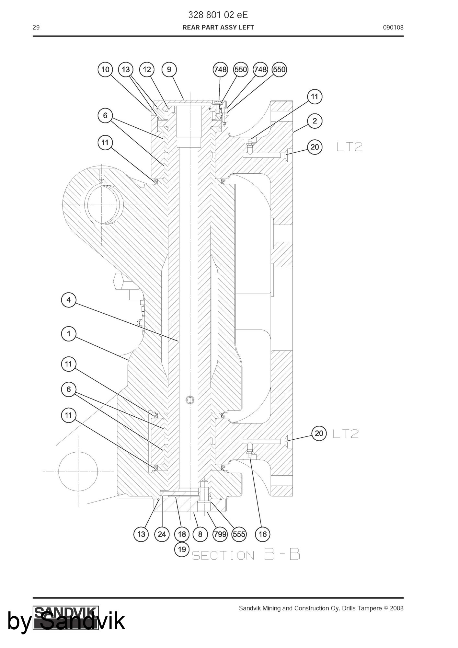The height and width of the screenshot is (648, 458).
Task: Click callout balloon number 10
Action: [x=105, y=69]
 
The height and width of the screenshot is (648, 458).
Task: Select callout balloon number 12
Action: [x=147, y=69]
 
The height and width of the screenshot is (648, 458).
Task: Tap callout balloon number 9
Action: [x=169, y=69]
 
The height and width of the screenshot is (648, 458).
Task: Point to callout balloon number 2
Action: [x=315, y=121]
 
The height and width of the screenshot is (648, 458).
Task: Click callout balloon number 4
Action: [x=69, y=300]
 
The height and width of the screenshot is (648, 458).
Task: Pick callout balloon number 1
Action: [x=69, y=334]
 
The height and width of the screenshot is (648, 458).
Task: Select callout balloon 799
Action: [x=220, y=534]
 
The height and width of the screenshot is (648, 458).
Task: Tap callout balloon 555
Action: [x=239, y=534]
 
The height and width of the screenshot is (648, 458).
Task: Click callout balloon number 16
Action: [x=263, y=534]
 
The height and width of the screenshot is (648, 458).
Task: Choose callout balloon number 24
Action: [x=162, y=534]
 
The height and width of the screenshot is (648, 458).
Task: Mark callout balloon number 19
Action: [x=182, y=549]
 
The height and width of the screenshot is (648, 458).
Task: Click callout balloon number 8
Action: [x=200, y=534]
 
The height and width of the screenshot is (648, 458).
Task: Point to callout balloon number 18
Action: [x=182, y=534]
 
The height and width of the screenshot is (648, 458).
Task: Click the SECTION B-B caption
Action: [x=246, y=555]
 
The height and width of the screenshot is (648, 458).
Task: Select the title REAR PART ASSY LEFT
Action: [x=218, y=28]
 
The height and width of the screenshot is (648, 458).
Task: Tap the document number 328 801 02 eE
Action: [x=218, y=15]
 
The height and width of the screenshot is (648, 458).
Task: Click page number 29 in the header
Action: [x=36, y=28]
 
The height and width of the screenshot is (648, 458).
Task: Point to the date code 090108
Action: [x=393, y=28]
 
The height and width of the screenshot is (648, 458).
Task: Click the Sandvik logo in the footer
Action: [x=66, y=618]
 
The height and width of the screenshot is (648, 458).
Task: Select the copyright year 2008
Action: [x=397, y=608]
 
